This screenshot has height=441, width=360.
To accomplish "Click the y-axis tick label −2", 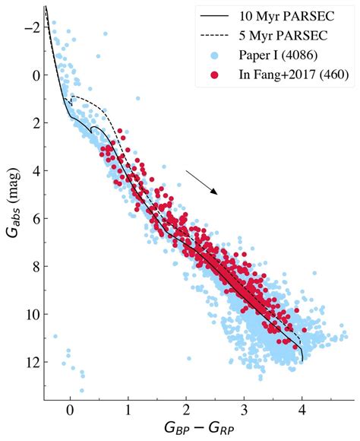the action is pos(33,27).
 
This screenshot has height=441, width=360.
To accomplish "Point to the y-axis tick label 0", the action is pos(36,75).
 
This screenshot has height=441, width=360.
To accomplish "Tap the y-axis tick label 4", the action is pos(36,171).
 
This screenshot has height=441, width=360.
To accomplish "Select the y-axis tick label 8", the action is pos(36,266).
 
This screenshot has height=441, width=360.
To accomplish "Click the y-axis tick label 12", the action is pos(33,362).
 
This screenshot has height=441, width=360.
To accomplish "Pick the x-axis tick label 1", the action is pos(128,411).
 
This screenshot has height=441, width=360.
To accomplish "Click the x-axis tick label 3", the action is pos(244,411).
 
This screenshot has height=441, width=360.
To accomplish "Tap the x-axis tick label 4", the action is pos(302,411).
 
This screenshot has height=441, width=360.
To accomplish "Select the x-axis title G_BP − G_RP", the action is pos(199,429).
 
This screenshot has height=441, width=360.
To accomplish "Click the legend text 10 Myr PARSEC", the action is pos(286,16).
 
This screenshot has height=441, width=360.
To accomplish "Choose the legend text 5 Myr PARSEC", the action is pos(283,36).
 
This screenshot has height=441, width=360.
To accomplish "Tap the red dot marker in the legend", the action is pos(215,75).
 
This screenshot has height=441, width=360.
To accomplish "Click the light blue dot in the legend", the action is pos(215,56).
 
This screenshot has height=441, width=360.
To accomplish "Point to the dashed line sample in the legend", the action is pos(214,36).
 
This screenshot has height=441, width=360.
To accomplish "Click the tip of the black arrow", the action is pos(217,195).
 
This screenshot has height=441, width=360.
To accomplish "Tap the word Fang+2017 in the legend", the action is pos(286,75).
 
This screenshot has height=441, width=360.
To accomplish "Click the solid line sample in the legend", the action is pos(214,16).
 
